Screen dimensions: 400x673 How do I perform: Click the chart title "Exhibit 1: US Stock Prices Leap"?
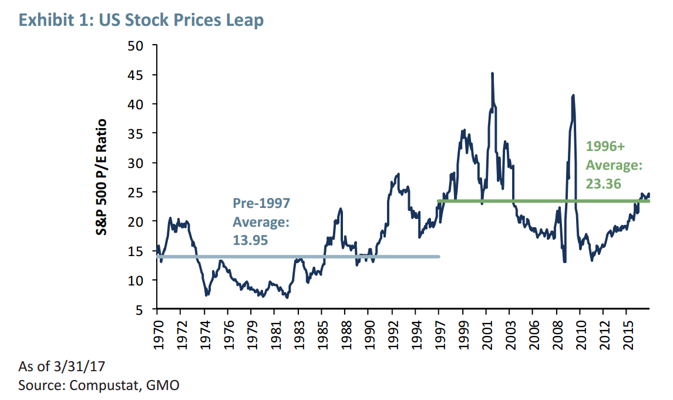[x=141, y=20]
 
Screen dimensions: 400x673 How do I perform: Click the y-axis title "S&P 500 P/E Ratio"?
[x=102, y=177]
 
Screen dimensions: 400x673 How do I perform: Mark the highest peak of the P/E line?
[x=492, y=73]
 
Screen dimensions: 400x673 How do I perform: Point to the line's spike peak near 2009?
[x=573, y=95]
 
